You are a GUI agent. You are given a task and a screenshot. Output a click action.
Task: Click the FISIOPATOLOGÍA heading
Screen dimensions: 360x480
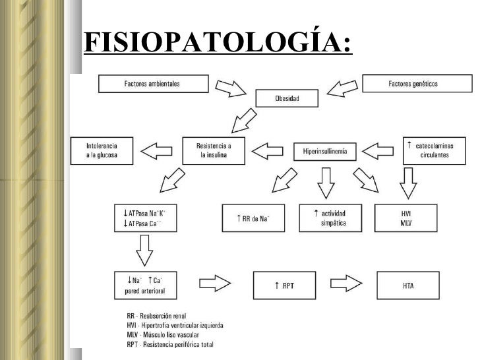pos(218,44)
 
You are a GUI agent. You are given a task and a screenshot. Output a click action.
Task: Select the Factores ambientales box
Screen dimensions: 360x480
pos(152,84)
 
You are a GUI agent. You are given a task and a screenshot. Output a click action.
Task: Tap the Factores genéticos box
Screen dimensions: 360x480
pos(417,84)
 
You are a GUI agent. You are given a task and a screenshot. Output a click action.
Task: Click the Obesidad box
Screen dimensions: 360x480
pos(287,99)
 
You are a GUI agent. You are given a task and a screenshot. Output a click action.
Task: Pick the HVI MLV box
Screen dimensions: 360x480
pos(406,218)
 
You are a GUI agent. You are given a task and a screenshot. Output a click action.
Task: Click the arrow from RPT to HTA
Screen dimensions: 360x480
pos(347,285)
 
